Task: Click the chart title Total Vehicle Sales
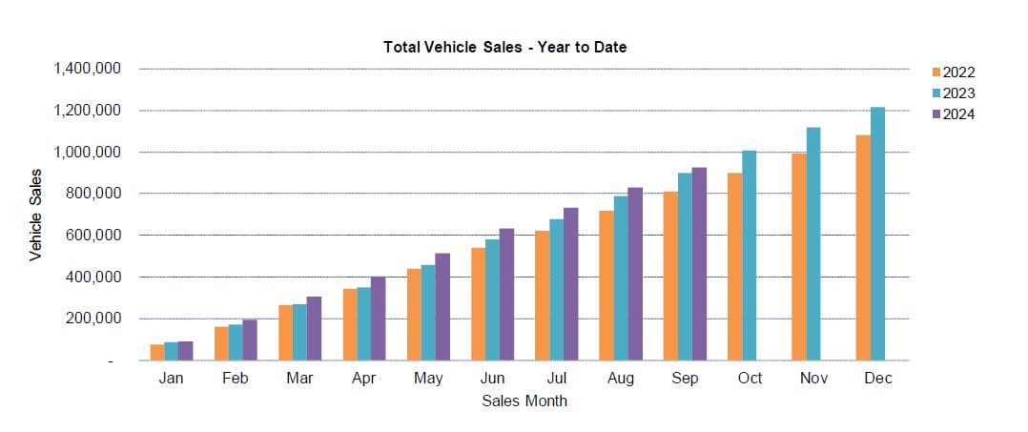[x=504, y=47]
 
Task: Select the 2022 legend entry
[x=957, y=72]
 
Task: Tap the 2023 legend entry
[x=957, y=93]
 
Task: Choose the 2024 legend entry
[x=957, y=114]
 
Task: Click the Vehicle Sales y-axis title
[x=36, y=215]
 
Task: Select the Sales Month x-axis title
[x=524, y=401]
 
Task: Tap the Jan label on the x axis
[x=172, y=379]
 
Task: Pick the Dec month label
[x=878, y=379]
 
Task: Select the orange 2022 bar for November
[x=799, y=257]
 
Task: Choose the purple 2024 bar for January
[x=185, y=351]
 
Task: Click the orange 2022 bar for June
[x=478, y=304]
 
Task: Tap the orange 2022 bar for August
[x=607, y=285]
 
